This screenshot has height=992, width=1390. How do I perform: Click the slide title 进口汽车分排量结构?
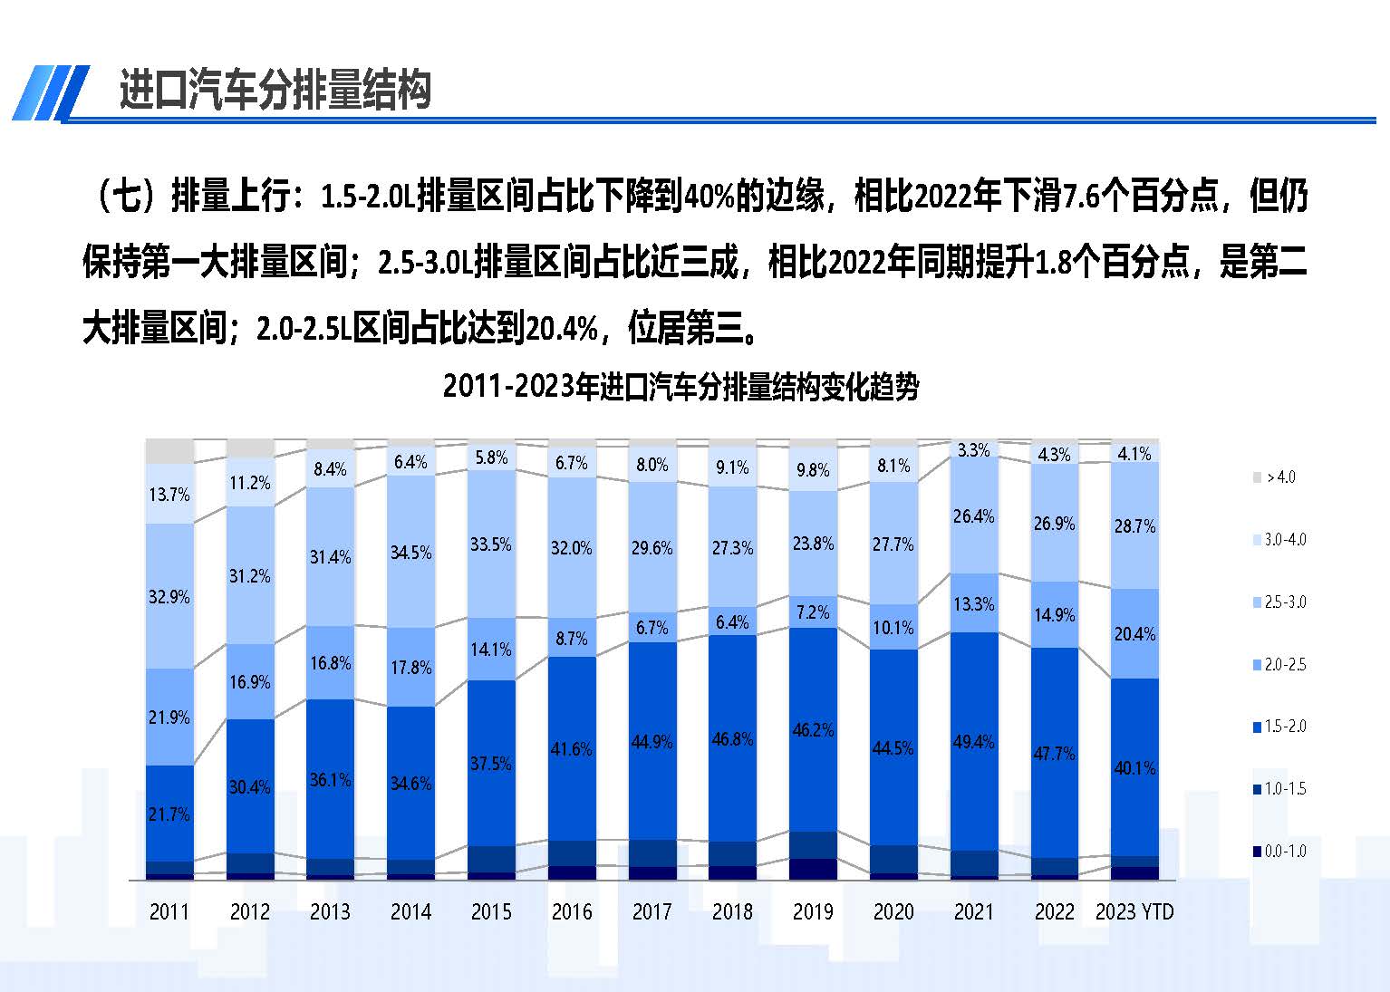tap(275, 90)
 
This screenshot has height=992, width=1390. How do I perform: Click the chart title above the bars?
tap(681, 387)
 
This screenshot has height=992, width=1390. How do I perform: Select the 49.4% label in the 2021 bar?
tap(973, 742)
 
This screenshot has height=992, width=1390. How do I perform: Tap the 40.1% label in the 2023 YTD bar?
tap(1134, 768)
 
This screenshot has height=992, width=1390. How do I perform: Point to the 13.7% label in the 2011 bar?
tap(169, 495)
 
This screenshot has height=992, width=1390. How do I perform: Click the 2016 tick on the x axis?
tap(572, 911)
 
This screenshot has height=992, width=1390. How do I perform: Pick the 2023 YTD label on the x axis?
tap(1134, 911)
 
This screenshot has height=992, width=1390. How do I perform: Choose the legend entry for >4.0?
tap(1279, 477)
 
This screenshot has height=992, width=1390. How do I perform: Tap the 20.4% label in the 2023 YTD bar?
tap(1134, 634)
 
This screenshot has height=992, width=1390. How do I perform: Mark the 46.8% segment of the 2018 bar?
tap(732, 739)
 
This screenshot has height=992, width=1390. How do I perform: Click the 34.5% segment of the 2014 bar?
tap(410, 553)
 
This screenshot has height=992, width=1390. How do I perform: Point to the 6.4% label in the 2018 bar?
tap(732, 622)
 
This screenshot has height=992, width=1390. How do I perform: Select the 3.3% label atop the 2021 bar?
tap(973, 450)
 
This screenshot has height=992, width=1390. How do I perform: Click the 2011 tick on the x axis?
tap(169, 911)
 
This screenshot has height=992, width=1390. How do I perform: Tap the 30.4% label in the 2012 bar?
tap(249, 787)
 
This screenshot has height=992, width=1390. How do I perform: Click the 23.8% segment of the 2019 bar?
tap(813, 544)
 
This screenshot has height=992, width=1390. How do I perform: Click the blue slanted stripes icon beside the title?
tap(51, 91)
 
